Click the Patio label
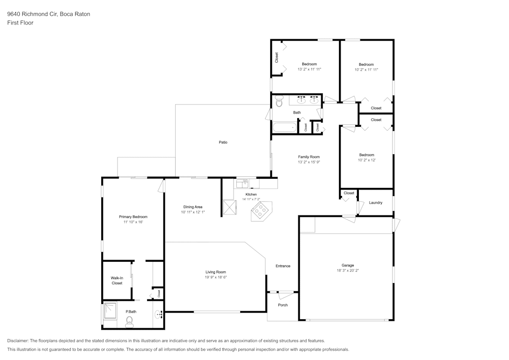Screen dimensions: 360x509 (x=223, y=142)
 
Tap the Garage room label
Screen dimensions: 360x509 (x=348, y=265)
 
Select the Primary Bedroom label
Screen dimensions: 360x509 (x=133, y=217)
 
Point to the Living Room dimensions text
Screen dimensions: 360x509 (x=216, y=278)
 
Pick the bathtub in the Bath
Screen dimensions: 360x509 (x=284, y=127)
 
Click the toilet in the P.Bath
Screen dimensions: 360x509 (x=129, y=321)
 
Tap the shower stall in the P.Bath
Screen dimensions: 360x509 (x=110, y=311)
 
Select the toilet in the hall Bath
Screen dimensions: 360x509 (x=279, y=102)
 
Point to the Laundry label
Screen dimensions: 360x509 (x=376, y=203)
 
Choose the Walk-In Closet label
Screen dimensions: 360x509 (x=117, y=280)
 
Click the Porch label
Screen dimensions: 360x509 (x=282, y=305)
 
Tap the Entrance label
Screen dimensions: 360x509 (x=283, y=266)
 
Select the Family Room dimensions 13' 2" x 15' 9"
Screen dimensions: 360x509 (x=309, y=162)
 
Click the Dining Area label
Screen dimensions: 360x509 (x=193, y=207)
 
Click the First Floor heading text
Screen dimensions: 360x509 (x=20, y=23)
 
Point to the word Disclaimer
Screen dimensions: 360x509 (x=18, y=341)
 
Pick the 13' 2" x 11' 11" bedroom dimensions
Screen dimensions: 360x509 (x=309, y=69)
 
